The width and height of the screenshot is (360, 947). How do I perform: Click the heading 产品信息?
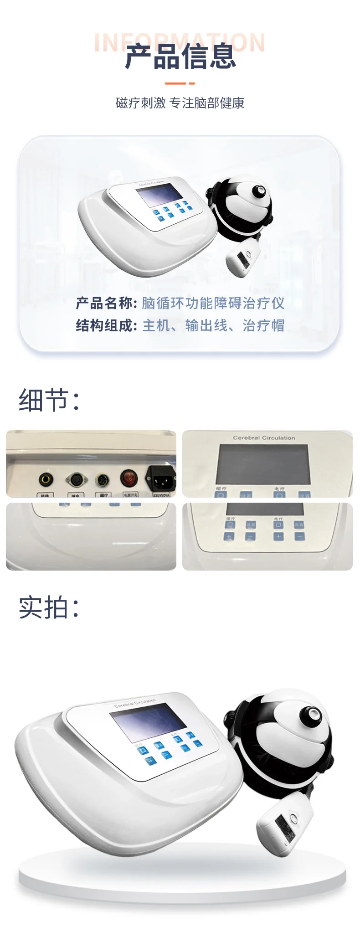point(180,57)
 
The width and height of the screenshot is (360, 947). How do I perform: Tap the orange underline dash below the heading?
point(180,83)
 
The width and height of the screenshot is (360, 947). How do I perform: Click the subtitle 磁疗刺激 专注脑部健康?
point(180,103)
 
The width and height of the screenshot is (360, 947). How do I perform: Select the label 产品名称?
point(106,303)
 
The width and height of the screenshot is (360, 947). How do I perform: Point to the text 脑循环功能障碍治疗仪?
point(213,303)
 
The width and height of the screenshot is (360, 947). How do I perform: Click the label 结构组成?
point(106,325)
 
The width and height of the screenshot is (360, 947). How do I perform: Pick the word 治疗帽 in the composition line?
point(263,325)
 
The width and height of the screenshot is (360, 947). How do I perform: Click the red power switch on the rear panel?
point(129,478)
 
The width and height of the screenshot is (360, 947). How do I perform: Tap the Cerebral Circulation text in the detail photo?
point(264,438)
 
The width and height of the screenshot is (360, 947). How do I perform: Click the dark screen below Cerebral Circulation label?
point(264,464)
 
